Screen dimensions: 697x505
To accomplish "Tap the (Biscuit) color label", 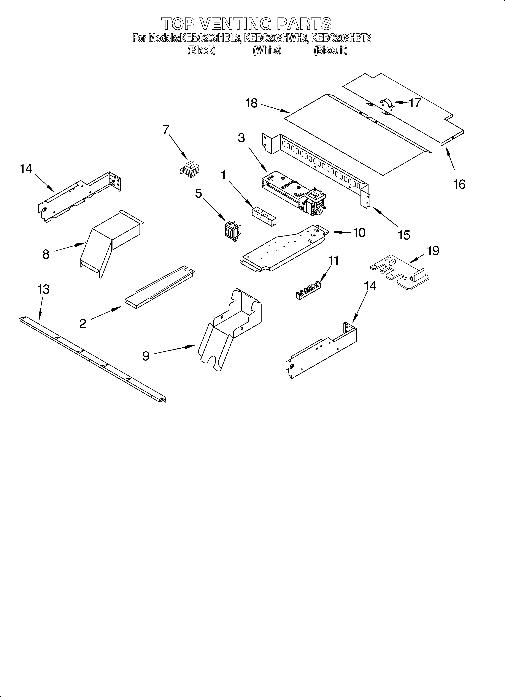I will [331, 50].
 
